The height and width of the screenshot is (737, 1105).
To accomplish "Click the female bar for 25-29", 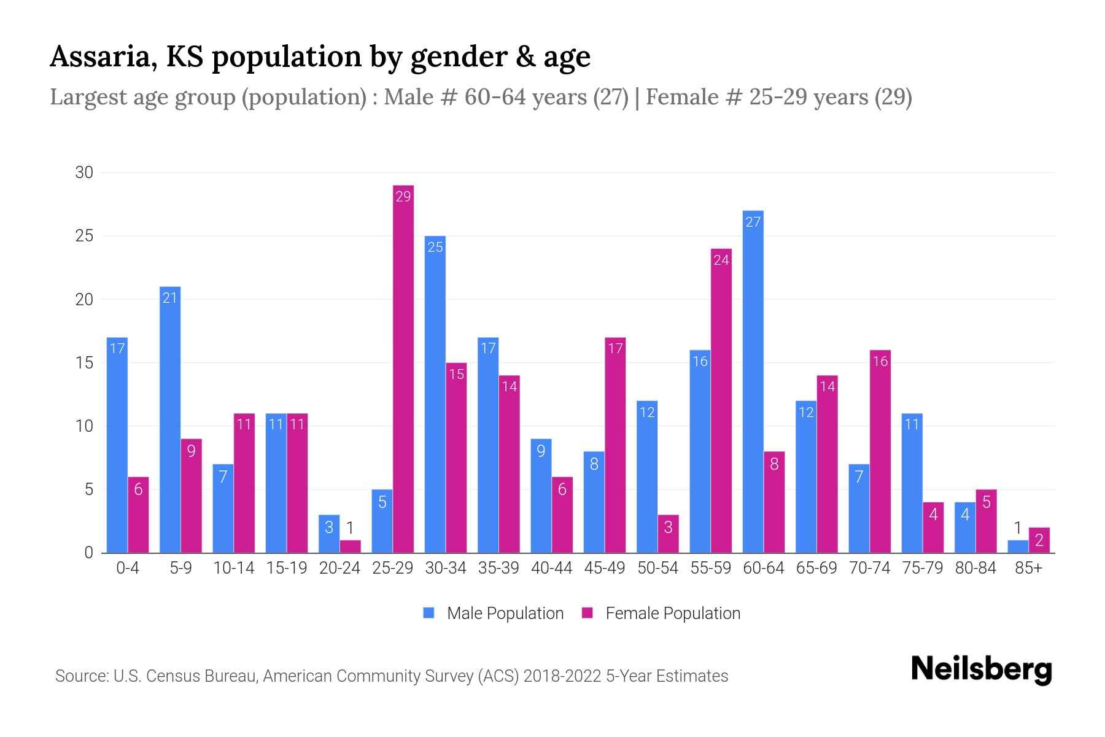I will tap(403, 368).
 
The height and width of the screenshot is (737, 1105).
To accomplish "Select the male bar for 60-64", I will tap(753, 381).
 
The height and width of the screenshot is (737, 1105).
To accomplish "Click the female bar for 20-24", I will tap(350, 547).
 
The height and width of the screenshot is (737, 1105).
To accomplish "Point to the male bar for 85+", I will tap(1018, 547).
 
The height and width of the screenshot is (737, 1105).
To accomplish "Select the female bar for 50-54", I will tap(669, 534).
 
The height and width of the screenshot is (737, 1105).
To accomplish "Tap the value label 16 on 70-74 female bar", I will tap(880, 361).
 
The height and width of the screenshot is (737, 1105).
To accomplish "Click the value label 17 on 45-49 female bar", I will tap(615, 348).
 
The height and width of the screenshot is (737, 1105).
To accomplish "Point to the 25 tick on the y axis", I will tap(84, 236).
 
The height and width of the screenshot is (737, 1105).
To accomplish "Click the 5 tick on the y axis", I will tap(88, 489).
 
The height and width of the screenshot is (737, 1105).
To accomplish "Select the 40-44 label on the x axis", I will tap(551, 568).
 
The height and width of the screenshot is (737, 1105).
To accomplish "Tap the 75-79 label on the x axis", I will tap(922, 568).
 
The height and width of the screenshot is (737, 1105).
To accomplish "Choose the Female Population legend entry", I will tap(661, 613).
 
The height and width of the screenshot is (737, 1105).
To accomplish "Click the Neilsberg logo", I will tap(981, 669).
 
